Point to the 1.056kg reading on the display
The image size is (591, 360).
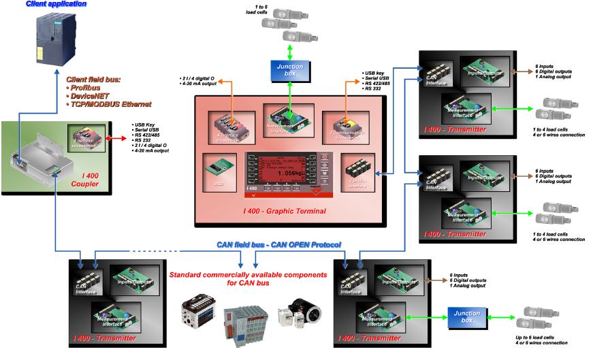(x=289, y=173)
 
